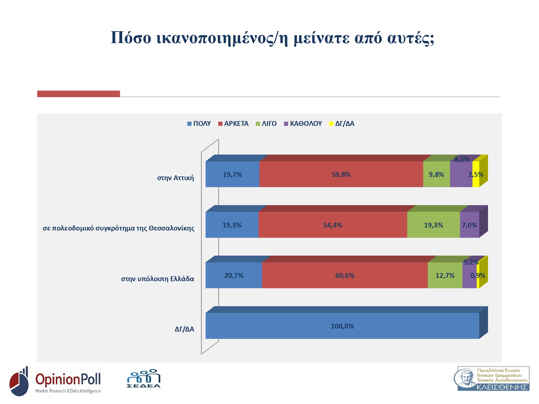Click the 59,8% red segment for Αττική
[x=341, y=174]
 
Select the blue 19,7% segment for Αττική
[x=232, y=174]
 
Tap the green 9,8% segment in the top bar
[x=436, y=174]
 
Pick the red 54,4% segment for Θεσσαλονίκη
[x=333, y=225]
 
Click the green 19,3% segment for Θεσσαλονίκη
[x=433, y=225]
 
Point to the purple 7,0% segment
[x=469, y=225]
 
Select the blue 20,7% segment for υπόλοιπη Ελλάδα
[x=234, y=275]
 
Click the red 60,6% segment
[x=345, y=275]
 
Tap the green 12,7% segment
[x=445, y=275]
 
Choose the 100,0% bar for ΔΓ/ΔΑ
[x=342, y=326]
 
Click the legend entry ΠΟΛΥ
[x=199, y=124]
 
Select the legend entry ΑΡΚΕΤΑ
[x=233, y=124]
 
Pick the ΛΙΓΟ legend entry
[x=266, y=124]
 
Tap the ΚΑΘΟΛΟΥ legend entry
[x=303, y=124]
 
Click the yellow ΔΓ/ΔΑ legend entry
[x=342, y=124]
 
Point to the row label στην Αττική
[x=175, y=178]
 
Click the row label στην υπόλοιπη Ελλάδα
[x=158, y=279]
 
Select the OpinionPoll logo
[x=56, y=382]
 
